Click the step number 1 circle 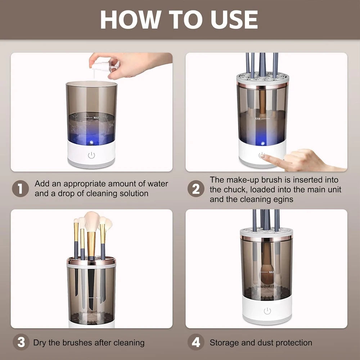click(20, 189)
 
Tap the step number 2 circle click(196, 189)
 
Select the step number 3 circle click(21, 342)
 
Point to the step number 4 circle click(196, 342)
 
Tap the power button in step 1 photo click(91, 155)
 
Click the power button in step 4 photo click(267, 311)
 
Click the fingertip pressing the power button click(264, 156)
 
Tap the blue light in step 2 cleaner click(262, 143)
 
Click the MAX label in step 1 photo click(96, 118)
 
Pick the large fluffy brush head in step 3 click(92, 222)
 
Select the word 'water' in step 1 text click(158, 184)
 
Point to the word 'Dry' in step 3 click(40, 342)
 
